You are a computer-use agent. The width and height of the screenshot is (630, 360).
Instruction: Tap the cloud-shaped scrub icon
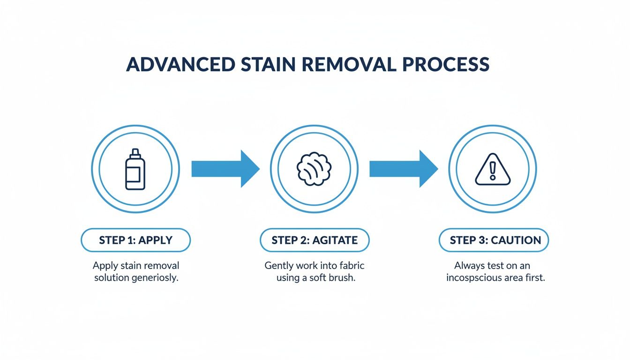314,169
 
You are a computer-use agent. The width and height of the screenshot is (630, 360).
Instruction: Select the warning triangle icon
492,170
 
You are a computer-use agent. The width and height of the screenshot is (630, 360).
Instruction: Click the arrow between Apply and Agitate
225,169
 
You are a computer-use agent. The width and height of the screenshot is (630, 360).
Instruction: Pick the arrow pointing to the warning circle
403,169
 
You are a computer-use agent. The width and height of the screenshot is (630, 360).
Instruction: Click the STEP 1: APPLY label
135,240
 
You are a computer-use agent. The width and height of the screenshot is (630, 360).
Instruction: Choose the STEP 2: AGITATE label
315,240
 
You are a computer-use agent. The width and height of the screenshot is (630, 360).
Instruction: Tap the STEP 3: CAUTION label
494,240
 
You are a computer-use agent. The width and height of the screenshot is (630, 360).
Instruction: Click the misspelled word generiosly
156,277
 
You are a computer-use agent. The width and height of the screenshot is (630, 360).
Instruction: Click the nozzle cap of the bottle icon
135,152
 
